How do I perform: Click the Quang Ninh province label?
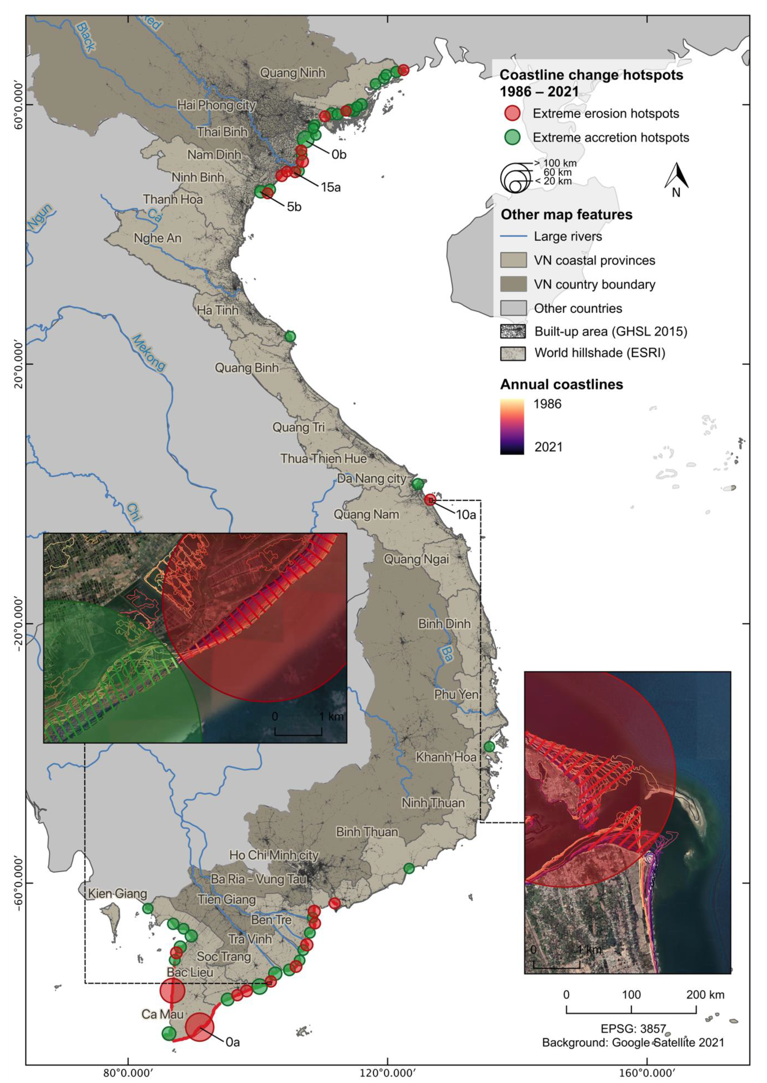(x=293, y=73)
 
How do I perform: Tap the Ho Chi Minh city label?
(x=274, y=855)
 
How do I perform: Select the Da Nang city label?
(x=372, y=479)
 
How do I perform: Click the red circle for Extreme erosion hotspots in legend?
(x=512, y=113)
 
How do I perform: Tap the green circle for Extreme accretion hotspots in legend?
(x=512, y=137)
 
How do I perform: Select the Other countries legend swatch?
(x=513, y=308)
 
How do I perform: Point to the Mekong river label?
(x=149, y=352)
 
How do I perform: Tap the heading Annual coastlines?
(x=561, y=385)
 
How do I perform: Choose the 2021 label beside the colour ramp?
(x=548, y=447)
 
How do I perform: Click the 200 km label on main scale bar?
(x=705, y=995)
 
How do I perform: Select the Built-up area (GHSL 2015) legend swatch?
(x=513, y=331)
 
